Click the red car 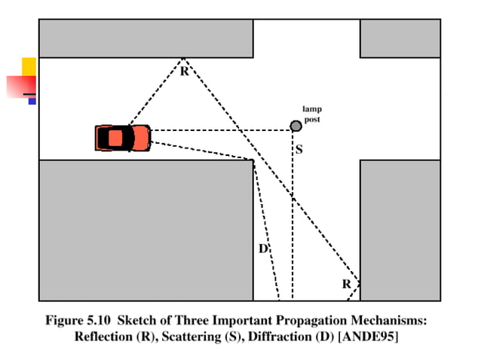pos(123,138)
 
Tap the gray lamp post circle pos(296,126)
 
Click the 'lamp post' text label pos(312,114)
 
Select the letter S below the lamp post pos(299,150)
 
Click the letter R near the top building pos(184,72)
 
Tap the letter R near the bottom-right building pos(346,284)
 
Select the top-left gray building pos(146,38)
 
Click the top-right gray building pos(400,38)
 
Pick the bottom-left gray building pos(146,230)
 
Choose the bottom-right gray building pos(400,230)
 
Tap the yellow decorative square pos(29,66)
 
